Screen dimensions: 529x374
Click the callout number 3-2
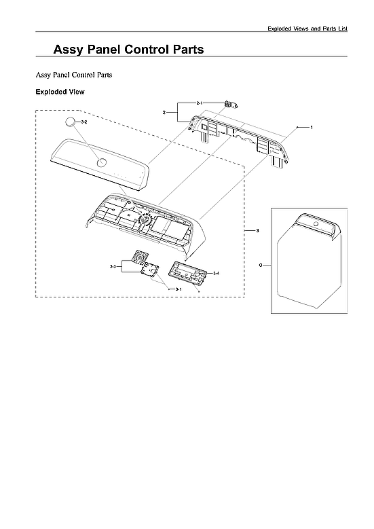84,122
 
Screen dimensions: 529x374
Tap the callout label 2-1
200,103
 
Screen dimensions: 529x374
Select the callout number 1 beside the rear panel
311,128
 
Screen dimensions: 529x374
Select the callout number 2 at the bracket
164,111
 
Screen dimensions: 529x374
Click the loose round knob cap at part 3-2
71,123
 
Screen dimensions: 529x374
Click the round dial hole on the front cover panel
101,163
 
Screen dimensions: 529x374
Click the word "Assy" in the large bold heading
71,50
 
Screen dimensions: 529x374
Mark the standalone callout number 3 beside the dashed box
257,232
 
